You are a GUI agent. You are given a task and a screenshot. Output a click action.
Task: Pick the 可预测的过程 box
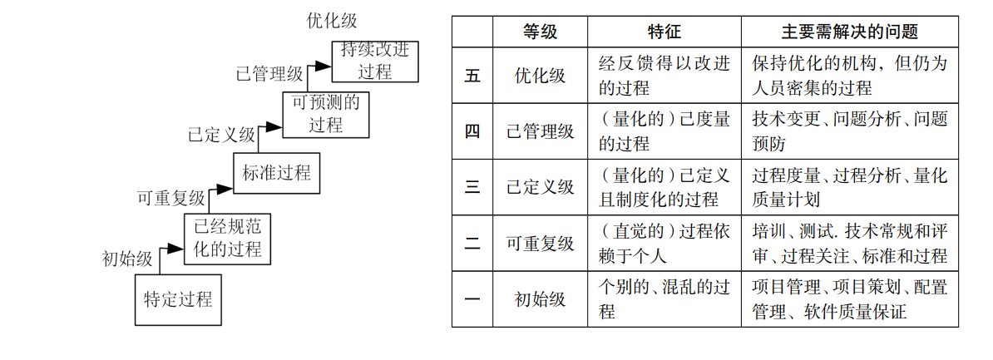(x=325, y=115)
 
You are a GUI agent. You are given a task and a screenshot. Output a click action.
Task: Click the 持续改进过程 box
(x=375, y=61)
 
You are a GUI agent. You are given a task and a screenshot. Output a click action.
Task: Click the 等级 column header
(x=540, y=32)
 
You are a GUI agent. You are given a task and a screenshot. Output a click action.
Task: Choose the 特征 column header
(x=664, y=32)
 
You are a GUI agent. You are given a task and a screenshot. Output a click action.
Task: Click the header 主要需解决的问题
(x=849, y=32)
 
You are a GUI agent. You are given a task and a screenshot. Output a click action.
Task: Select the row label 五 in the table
(x=472, y=75)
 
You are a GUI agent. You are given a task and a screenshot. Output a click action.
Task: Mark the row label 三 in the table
(x=472, y=187)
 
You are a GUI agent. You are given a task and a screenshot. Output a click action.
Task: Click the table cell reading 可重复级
(x=540, y=244)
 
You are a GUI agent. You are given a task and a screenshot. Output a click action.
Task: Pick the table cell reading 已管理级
(x=540, y=131)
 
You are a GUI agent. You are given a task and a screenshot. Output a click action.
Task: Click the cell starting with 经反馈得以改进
(x=664, y=75)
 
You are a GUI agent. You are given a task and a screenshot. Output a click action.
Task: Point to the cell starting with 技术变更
(x=849, y=131)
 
